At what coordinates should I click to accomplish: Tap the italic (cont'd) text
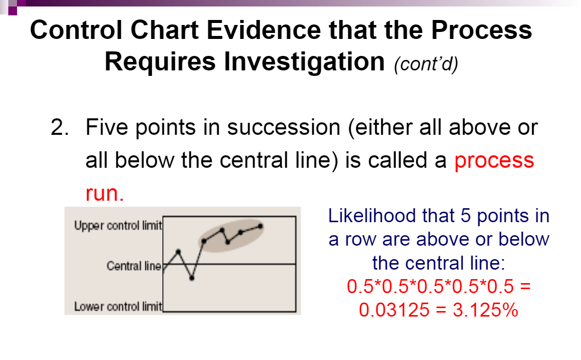click(x=425, y=65)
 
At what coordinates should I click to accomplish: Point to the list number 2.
click(x=59, y=128)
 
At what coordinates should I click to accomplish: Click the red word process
click(x=494, y=161)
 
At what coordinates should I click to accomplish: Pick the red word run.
click(x=104, y=193)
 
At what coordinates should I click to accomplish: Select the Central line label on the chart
click(x=134, y=266)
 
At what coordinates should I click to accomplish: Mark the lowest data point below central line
click(x=192, y=278)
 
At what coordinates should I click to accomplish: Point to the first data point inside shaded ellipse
click(x=204, y=241)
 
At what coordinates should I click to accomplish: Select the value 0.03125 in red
click(x=394, y=310)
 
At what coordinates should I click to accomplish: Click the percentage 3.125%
click(x=485, y=310)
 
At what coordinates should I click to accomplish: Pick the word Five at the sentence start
click(x=107, y=128)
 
